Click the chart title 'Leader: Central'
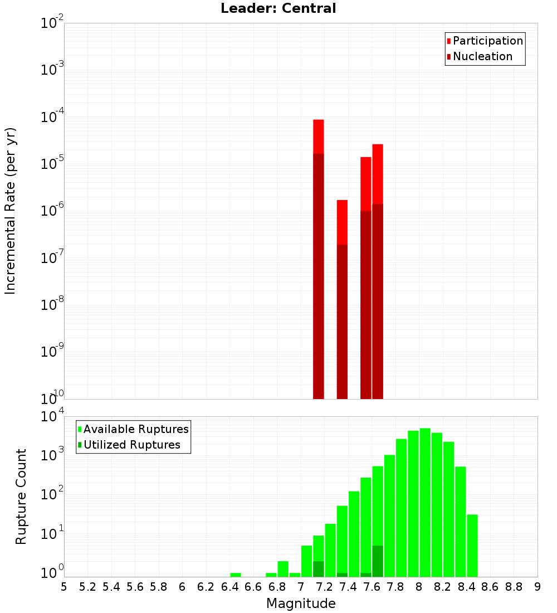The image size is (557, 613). tap(278, 8)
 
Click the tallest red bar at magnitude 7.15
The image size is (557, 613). tap(319, 137)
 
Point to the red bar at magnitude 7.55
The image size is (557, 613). tap(366, 184)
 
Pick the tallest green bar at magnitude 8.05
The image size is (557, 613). tap(425, 502)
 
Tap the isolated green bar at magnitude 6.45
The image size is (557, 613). tap(236, 575)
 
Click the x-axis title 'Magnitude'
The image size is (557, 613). tap(301, 604)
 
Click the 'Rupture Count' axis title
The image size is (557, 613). tap(21, 497)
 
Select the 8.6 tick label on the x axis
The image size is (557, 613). tap(490, 586)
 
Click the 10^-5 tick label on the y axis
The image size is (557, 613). tap(52, 164)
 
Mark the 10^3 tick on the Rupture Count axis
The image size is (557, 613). tap(52, 454)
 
